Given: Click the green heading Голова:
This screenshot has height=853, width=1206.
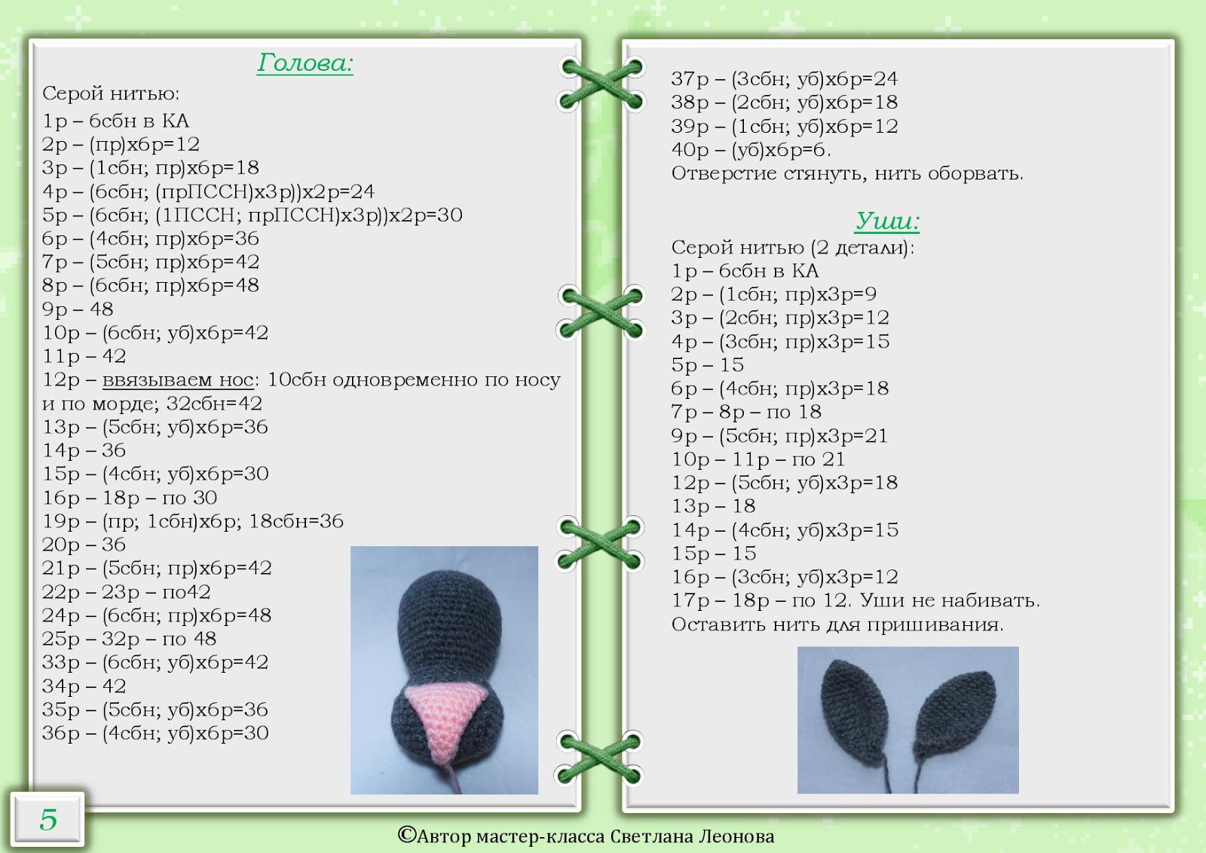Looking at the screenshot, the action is (305, 63).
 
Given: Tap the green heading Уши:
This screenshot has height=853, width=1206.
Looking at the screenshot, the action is (887, 221).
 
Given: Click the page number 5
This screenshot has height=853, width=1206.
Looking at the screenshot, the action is (48, 819).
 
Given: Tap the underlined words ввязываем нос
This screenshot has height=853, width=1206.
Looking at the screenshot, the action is (178, 380).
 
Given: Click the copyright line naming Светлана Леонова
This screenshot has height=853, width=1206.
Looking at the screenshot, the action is (586, 836).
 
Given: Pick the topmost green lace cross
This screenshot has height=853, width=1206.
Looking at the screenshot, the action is (601, 84).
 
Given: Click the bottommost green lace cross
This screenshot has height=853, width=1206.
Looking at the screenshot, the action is (600, 756).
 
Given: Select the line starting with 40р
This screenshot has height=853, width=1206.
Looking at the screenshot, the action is (751, 150).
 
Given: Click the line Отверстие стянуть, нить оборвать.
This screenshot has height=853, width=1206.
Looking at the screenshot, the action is (847, 173).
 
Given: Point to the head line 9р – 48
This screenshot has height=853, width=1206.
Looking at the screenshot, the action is (78, 309).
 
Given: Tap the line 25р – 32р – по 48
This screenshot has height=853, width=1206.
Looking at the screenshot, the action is (129, 639).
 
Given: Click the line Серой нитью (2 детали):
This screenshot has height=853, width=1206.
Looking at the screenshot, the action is (792, 247).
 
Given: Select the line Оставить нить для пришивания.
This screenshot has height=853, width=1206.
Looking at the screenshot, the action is (837, 624).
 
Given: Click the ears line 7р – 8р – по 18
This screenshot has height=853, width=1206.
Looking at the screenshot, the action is (746, 412).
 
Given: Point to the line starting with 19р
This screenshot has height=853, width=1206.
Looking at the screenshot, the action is (193, 521).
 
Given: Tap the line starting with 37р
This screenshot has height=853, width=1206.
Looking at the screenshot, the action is (784, 79).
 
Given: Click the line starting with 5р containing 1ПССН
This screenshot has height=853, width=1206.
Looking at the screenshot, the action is (253, 215).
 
